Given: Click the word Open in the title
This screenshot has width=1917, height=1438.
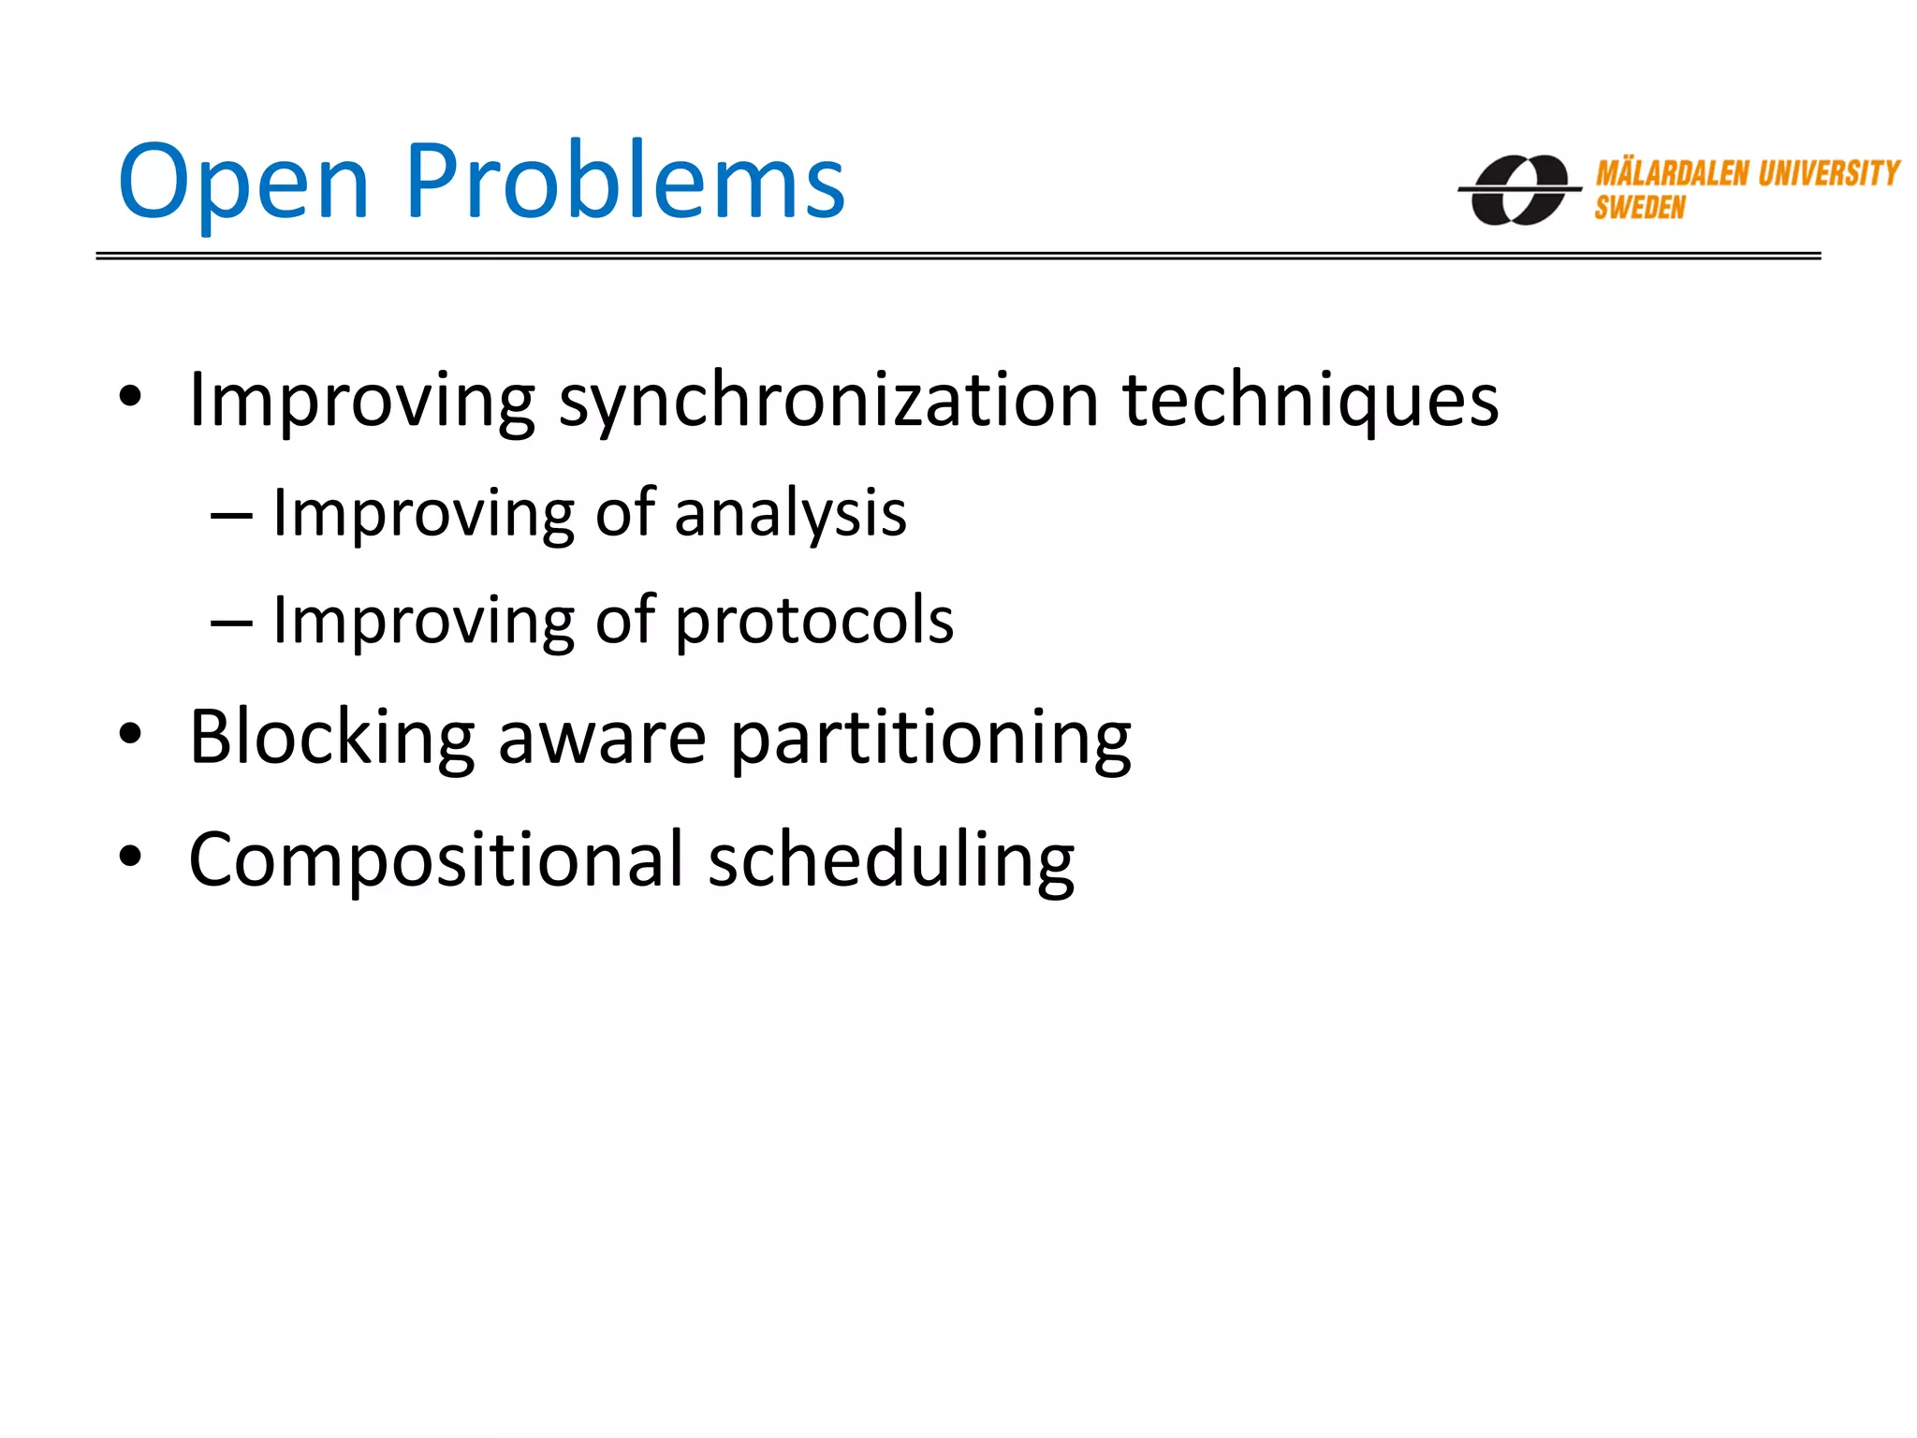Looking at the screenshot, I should coord(243,183).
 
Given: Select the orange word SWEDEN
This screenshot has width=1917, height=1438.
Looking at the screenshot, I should coord(1639,208).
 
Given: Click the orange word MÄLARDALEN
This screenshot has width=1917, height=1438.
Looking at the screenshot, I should coord(1672,173).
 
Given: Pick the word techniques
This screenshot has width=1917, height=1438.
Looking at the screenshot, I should coord(1310,401).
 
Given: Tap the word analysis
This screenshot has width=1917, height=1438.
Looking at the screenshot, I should coord(790,515).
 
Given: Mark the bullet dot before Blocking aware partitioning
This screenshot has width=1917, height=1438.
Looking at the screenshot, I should coord(130,735).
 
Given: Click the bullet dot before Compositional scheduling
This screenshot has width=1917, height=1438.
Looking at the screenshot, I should coord(130,856).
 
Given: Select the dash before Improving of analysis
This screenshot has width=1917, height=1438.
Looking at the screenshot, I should coord(231,516).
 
